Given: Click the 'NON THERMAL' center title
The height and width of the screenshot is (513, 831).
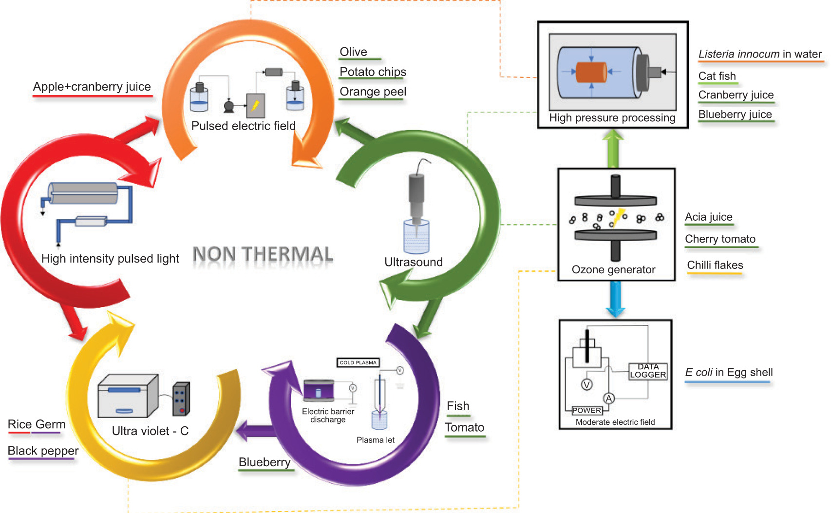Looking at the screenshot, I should pos(263,254).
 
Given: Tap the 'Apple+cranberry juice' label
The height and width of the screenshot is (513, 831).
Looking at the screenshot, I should pos(92,87).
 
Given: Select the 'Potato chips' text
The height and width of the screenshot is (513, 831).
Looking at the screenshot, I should pos(373,72).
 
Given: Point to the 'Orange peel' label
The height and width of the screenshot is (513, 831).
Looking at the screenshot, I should pos(373,92).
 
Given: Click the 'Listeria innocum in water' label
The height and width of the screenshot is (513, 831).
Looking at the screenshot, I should pos(759,54).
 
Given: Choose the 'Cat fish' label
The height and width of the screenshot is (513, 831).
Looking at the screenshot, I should pos(717,76).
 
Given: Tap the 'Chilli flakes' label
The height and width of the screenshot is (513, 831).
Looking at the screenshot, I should pos(715,265).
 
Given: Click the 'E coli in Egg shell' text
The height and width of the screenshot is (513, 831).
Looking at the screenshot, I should pos(728,373).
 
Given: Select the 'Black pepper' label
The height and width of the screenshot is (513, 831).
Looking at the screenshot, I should pos(43,451).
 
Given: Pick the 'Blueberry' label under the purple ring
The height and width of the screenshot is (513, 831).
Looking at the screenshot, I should pos(264,462).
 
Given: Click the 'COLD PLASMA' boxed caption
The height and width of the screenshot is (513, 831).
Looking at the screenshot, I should pos(358,362).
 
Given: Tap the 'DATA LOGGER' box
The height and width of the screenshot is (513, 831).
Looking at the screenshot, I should pos(648,371).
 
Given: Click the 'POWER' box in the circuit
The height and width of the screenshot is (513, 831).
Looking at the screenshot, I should pos(586,410).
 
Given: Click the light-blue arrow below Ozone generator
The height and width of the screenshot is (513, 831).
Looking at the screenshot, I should pos(615,299).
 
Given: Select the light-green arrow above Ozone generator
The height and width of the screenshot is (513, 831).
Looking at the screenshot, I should pos(613,148).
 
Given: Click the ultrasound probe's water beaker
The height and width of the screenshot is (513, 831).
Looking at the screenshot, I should pos(416,237).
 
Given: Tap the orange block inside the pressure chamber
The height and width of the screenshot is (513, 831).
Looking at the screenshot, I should pos(591,72).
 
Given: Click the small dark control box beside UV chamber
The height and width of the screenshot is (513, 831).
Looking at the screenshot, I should pos(181,399).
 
